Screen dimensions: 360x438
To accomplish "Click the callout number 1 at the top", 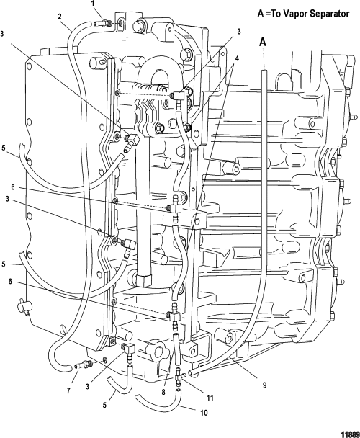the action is click(x=93, y=4).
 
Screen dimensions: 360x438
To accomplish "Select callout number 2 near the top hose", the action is click(x=60, y=17).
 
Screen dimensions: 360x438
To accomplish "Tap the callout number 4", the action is click(x=237, y=58).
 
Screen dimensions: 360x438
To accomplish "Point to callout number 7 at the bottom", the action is click(x=68, y=390).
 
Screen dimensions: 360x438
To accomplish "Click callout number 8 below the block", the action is click(x=163, y=393).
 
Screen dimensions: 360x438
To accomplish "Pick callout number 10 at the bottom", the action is click(x=204, y=413).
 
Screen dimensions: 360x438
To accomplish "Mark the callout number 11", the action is click(x=210, y=398).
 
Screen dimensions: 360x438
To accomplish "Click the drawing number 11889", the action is click(x=350, y=434).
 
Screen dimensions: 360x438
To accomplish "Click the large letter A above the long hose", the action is click(x=263, y=43).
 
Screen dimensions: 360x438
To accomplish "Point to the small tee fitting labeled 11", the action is click(x=179, y=377).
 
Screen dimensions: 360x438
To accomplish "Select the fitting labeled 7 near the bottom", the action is click(x=84, y=365).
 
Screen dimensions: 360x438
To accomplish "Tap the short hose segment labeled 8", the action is click(x=176, y=349).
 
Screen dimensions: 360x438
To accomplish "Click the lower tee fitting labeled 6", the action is click(x=175, y=316).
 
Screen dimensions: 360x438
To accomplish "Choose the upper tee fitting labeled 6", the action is click(x=175, y=207).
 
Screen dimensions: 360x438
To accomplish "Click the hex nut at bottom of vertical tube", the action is click(x=144, y=280).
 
